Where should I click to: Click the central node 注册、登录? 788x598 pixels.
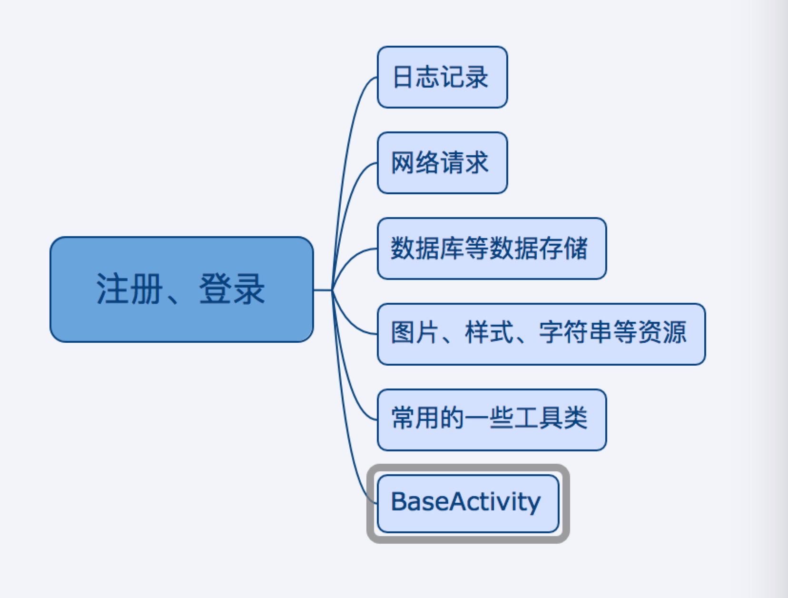[181, 289]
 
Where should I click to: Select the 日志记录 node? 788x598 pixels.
[442, 77]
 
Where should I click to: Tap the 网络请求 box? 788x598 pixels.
[442, 163]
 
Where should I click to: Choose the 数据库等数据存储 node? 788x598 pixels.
[492, 249]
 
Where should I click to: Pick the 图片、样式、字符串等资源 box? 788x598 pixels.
[541, 334]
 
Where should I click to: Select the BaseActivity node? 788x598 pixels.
[467, 503]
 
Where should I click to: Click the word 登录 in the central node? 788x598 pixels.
[232, 289]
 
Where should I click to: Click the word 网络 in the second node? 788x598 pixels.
[415, 163]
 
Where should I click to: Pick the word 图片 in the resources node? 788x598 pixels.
[415, 332]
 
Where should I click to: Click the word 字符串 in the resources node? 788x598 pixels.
[576, 332]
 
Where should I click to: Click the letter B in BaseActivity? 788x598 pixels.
[398, 502]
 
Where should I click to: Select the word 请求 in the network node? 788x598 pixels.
[465, 163]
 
